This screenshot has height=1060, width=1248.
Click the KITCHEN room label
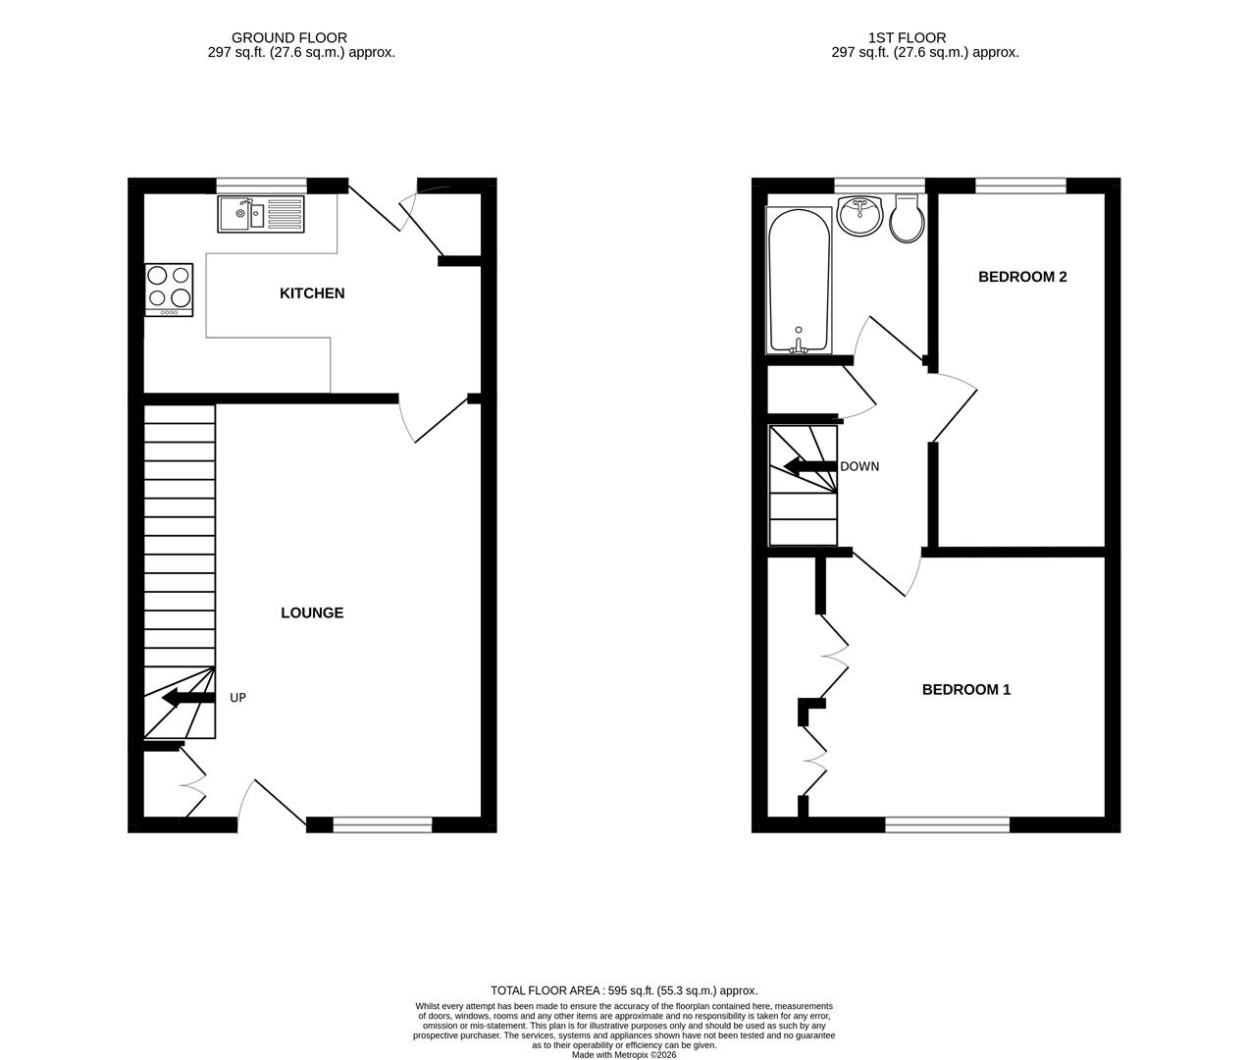pyautogui.click(x=312, y=293)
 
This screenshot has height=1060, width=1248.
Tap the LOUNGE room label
pyautogui.click(x=312, y=613)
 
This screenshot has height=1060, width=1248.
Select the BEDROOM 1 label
pyautogui.click(x=965, y=690)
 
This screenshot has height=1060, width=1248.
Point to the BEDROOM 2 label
pyautogui.click(x=1022, y=277)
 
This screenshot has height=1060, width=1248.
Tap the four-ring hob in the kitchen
pyautogui.click(x=169, y=290)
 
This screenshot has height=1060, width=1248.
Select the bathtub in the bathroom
pyautogui.click(x=799, y=282)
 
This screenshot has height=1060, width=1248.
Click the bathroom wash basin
pyautogui.click(x=860, y=216)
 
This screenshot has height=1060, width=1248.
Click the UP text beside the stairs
pyautogui.click(x=237, y=698)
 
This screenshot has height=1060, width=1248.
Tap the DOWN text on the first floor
pyautogui.click(x=859, y=466)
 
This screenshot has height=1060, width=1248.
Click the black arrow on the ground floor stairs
pyautogui.click(x=187, y=698)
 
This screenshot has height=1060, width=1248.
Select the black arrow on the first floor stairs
pyautogui.click(x=809, y=466)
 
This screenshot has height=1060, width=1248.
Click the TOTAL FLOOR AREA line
pyautogui.click(x=624, y=990)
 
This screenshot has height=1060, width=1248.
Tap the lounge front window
pyautogui.click(x=383, y=825)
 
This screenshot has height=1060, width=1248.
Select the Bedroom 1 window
pyautogui.click(x=947, y=825)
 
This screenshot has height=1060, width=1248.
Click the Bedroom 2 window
pyautogui.click(x=1020, y=185)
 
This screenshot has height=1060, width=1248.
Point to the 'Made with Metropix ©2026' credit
pyautogui.click(x=624, y=1055)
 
